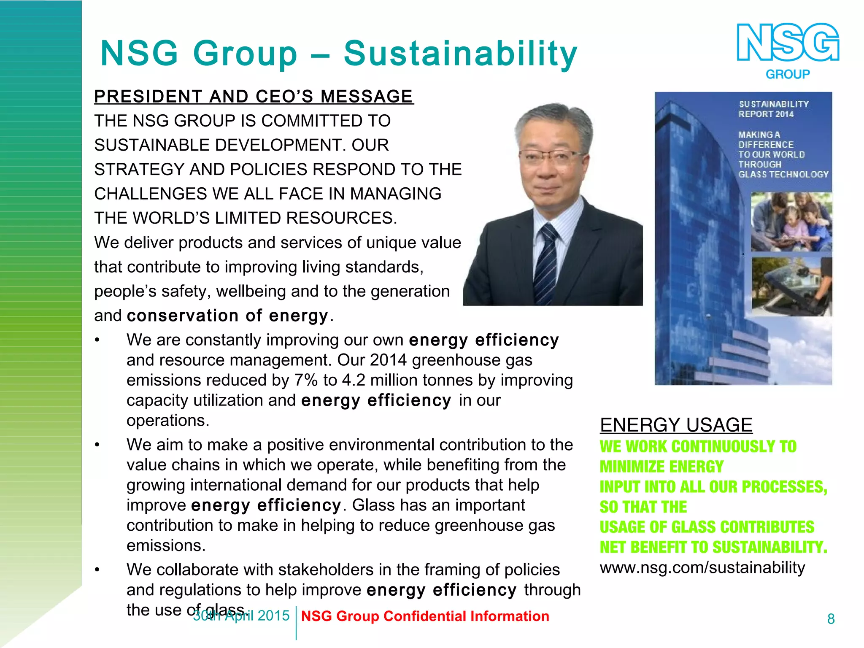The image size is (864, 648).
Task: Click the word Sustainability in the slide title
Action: [x=460, y=54]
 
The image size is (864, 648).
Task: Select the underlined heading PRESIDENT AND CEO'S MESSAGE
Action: [x=254, y=97]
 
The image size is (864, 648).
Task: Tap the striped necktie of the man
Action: [x=548, y=262]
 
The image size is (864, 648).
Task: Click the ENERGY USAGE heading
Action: [x=676, y=425]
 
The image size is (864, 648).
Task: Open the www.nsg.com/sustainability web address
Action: [x=702, y=567]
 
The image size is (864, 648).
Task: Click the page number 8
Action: [x=831, y=619]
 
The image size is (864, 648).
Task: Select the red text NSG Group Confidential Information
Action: [x=425, y=616]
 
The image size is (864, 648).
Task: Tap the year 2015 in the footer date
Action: [x=273, y=616]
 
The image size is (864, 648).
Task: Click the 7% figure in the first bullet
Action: [x=306, y=381]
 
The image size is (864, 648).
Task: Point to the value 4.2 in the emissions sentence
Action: [x=352, y=381]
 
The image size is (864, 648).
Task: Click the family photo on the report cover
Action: [x=791, y=222]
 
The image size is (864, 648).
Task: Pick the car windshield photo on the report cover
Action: [x=791, y=286]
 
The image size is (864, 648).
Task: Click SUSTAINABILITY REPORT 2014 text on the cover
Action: [x=773, y=109]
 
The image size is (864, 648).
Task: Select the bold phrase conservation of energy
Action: [x=227, y=316]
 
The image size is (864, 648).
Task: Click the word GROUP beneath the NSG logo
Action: [x=788, y=75]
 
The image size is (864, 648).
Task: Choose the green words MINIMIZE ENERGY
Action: [x=661, y=467]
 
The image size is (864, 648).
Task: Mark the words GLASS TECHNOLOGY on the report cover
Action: [x=783, y=174]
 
